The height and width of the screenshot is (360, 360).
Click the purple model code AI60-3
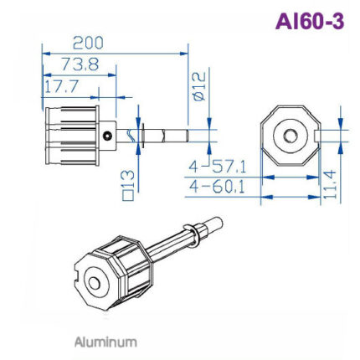[x=309, y=22]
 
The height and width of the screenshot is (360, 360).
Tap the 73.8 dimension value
[x=80, y=64]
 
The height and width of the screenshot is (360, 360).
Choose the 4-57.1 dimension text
[x=217, y=167]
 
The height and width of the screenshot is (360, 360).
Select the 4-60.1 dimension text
[x=217, y=186]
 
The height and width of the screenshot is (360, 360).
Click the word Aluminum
[x=105, y=342]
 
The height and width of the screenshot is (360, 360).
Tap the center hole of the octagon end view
[x=290, y=134]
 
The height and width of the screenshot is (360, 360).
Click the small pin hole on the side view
[x=107, y=134]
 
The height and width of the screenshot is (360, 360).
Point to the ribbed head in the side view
[x=71, y=134]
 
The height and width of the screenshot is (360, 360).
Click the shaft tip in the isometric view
[x=216, y=223]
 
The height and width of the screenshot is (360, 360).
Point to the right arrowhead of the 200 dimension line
[x=184, y=52]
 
